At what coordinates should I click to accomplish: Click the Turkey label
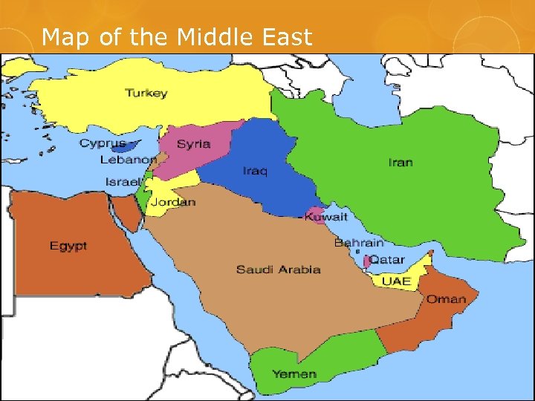click(146, 94)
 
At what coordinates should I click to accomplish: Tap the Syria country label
click(192, 143)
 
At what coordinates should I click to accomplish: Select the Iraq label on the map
click(255, 172)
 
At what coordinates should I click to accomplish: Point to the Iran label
click(401, 162)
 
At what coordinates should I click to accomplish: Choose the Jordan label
click(173, 202)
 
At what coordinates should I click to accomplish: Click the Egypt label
click(68, 246)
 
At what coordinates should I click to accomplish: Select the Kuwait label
click(327, 217)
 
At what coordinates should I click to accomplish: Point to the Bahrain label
click(359, 243)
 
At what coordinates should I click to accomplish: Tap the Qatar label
click(387, 260)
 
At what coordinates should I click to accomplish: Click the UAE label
click(396, 281)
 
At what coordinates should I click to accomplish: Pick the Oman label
click(446, 300)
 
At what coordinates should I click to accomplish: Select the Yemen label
click(294, 374)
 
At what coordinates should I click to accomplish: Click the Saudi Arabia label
click(279, 269)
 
